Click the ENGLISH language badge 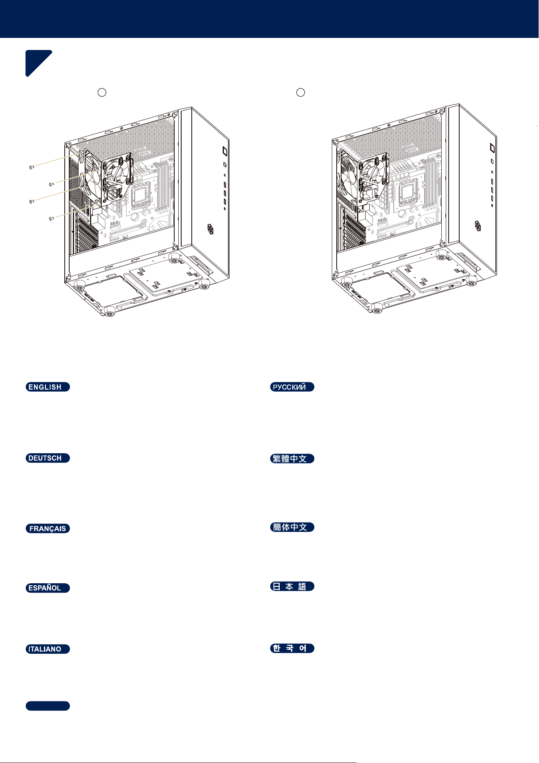48,387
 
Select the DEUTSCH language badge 48,458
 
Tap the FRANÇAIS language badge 48,529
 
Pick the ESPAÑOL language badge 48,588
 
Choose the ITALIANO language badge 48,649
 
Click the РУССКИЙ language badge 292,387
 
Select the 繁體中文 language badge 292,459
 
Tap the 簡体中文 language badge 292,527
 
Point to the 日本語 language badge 292,586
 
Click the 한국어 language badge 292,648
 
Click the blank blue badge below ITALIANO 48,706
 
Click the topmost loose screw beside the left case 32,167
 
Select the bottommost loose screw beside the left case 51,219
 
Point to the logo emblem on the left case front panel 210,229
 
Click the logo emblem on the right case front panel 478,225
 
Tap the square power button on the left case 225,151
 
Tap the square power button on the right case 492,148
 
